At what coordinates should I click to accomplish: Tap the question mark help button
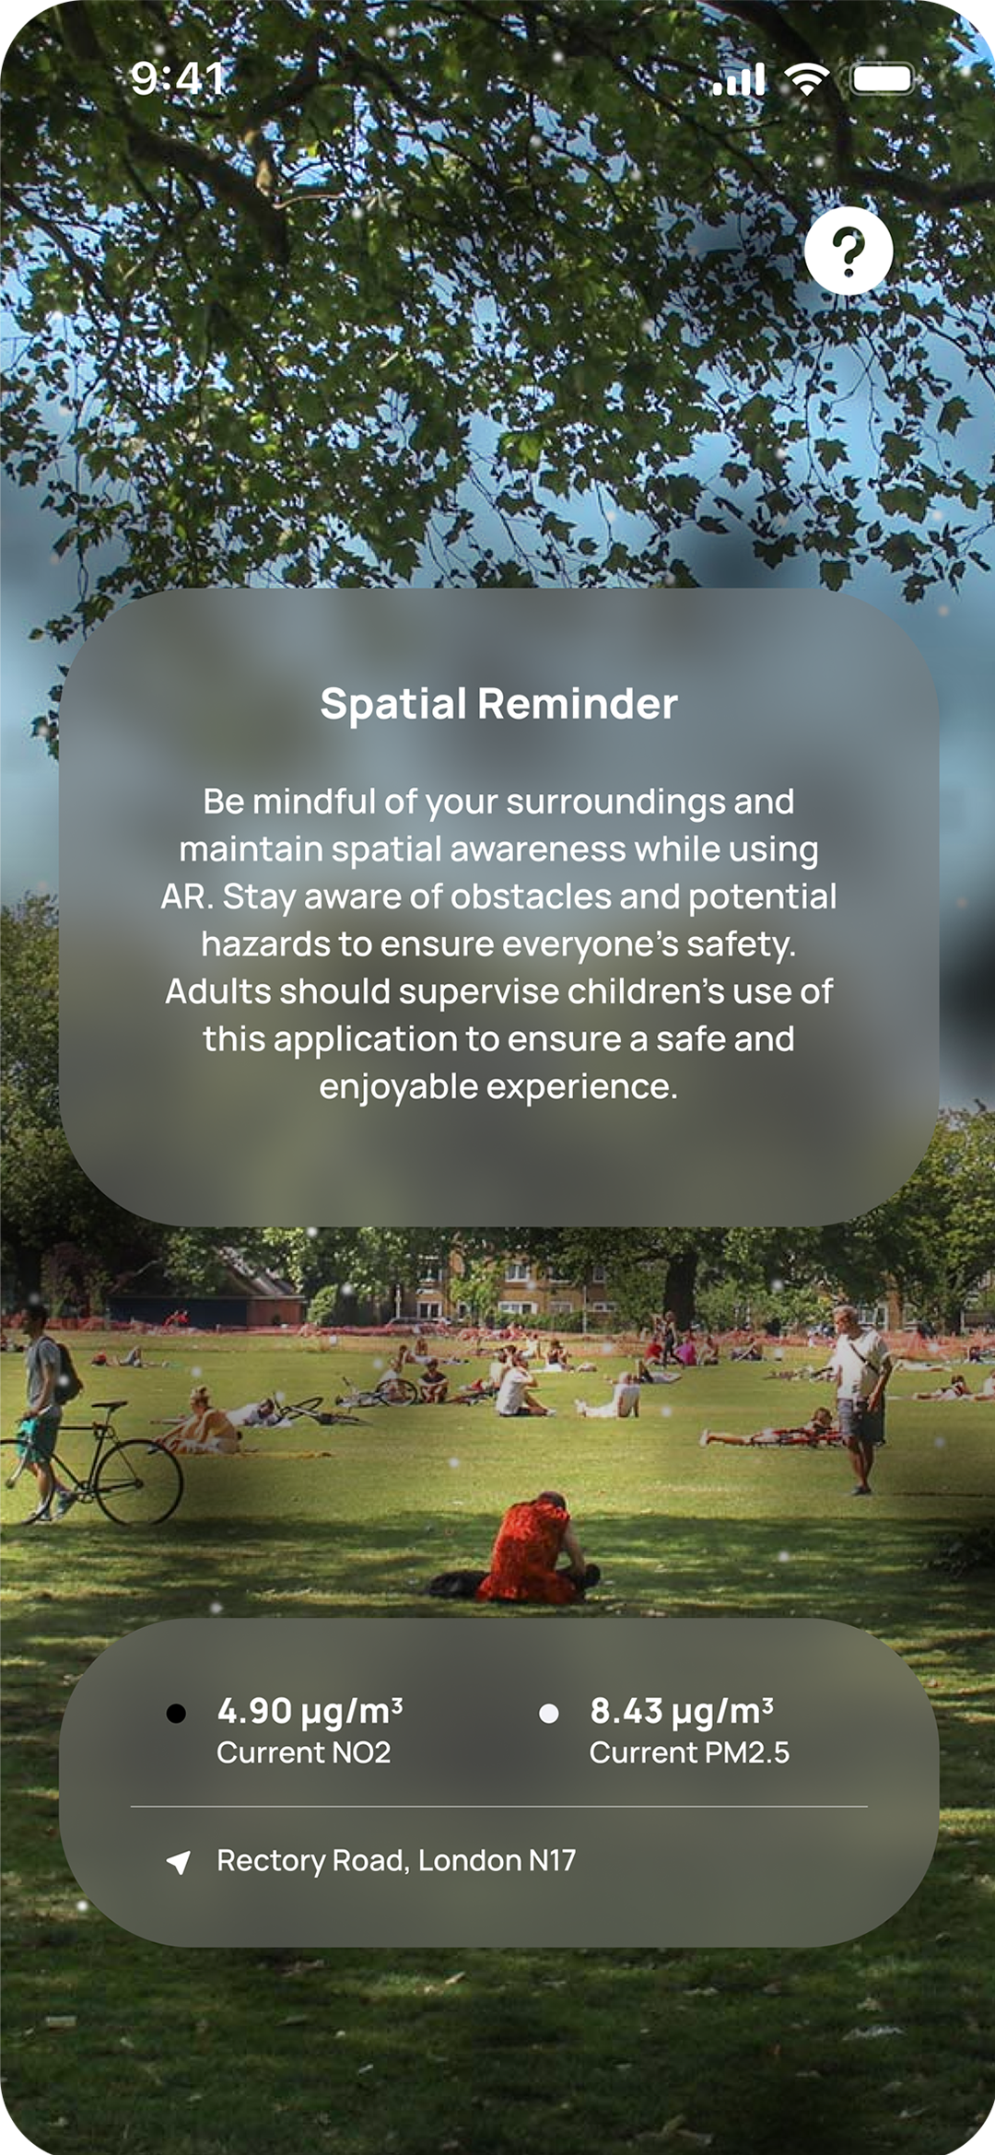[x=849, y=251]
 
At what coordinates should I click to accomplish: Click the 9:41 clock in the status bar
[x=178, y=78]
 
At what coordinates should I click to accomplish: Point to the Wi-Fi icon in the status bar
[x=807, y=80]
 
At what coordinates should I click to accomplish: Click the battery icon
[x=882, y=79]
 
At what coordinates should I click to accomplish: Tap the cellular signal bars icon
[x=739, y=80]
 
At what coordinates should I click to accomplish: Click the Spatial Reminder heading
[x=498, y=704]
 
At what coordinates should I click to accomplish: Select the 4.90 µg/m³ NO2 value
[x=310, y=1711]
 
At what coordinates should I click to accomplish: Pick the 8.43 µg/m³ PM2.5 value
[x=681, y=1711]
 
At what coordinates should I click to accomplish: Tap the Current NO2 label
[x=303, y=1752]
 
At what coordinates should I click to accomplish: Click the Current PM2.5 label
[x=689, y=1752]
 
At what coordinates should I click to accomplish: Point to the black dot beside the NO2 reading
[x=176, y=1713]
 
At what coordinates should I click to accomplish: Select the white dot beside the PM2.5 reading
[x=548, y=1713]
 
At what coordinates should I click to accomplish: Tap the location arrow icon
[x=179, y=1862]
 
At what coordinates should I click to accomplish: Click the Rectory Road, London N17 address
[x=396, y=1860]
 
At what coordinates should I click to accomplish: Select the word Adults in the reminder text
[x=218, y=992]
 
